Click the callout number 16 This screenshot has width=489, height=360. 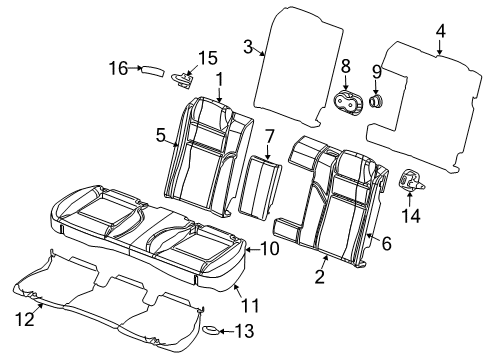118,68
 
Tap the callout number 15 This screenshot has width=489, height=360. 206,57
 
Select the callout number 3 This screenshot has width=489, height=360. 247,44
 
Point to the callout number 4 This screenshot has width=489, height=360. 440,31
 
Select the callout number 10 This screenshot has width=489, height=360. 269,249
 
